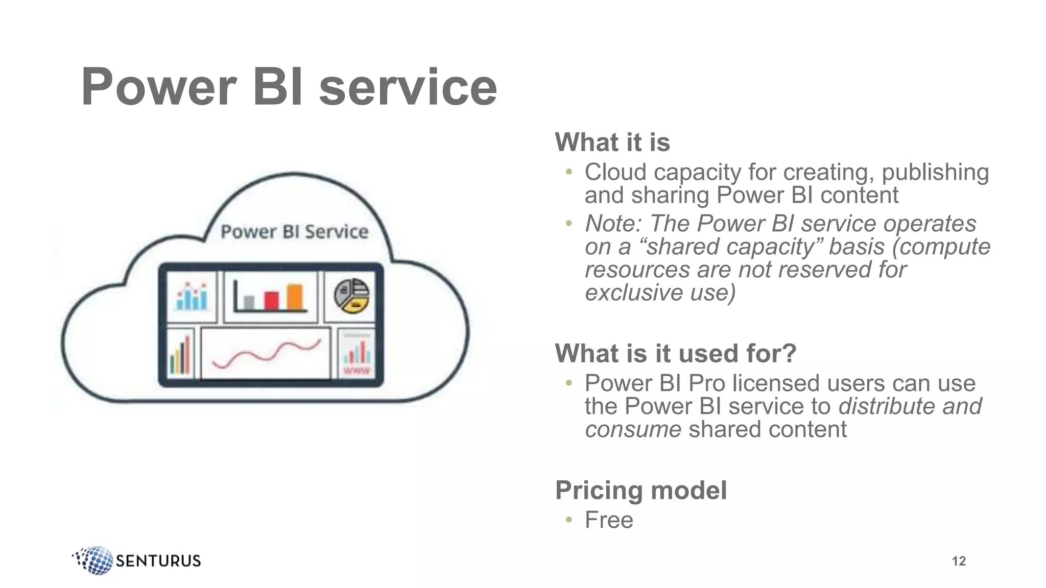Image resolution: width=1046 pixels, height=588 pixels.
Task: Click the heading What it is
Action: (x=612, y=142)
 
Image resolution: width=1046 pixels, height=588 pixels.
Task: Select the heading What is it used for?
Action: (x=675, y=353)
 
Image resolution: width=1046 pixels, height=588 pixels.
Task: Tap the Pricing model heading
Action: (x=640, y=491)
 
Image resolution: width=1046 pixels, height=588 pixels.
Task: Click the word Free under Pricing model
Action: (x=609, y=520)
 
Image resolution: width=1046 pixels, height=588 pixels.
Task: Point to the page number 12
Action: (x=959, y=561)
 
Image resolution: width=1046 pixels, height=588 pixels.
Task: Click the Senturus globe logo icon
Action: (x=94, y=560)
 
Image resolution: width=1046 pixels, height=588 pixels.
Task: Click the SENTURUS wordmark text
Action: (x=158, y=561)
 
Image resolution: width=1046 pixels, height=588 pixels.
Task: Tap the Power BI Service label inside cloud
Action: (x=294, y=232)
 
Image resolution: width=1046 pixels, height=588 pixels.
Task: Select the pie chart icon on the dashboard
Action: (x=351, y=296)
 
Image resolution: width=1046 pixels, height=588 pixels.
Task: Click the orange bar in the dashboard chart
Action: (x=295, y=297)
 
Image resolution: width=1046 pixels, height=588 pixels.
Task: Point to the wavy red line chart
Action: (x=266, y=353)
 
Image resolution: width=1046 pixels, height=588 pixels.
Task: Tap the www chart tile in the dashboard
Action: (x=356, y=354)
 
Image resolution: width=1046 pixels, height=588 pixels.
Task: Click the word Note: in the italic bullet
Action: (x=613, y=224)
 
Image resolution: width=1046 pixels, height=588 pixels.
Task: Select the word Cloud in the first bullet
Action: (x=615, y=173)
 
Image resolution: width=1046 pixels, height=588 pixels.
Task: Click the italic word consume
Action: (x=633, y=429)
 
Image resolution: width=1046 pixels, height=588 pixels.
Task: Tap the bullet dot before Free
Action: (x=569, y=520)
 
